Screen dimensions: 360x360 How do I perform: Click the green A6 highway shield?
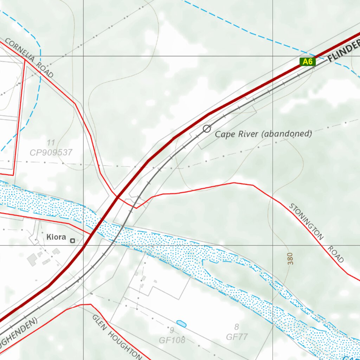tap(308, 62)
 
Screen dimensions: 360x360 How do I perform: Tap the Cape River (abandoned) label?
tap(263, 134)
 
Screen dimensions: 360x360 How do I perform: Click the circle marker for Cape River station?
tap(207, 129)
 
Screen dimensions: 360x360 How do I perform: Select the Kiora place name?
tap(56, 237)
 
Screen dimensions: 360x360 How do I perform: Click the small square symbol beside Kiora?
tap(72, 241)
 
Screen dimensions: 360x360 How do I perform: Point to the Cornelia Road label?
tap(30, 58)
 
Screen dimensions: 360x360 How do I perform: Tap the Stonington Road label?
tap(316, 233)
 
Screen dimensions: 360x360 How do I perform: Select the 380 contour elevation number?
tap(290, 258)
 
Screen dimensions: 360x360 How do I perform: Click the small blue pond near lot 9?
tap(181, 323)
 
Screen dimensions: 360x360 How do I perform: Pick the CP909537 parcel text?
tap(51, 153)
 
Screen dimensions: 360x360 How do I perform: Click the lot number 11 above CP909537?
tap(51, 143)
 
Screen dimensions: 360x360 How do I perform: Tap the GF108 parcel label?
tap(172, 340)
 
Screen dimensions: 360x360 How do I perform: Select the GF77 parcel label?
tap(237, 337)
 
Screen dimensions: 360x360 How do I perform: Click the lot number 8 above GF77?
tap(237, 327)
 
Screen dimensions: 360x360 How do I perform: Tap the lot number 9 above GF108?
tap(172, 330)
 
